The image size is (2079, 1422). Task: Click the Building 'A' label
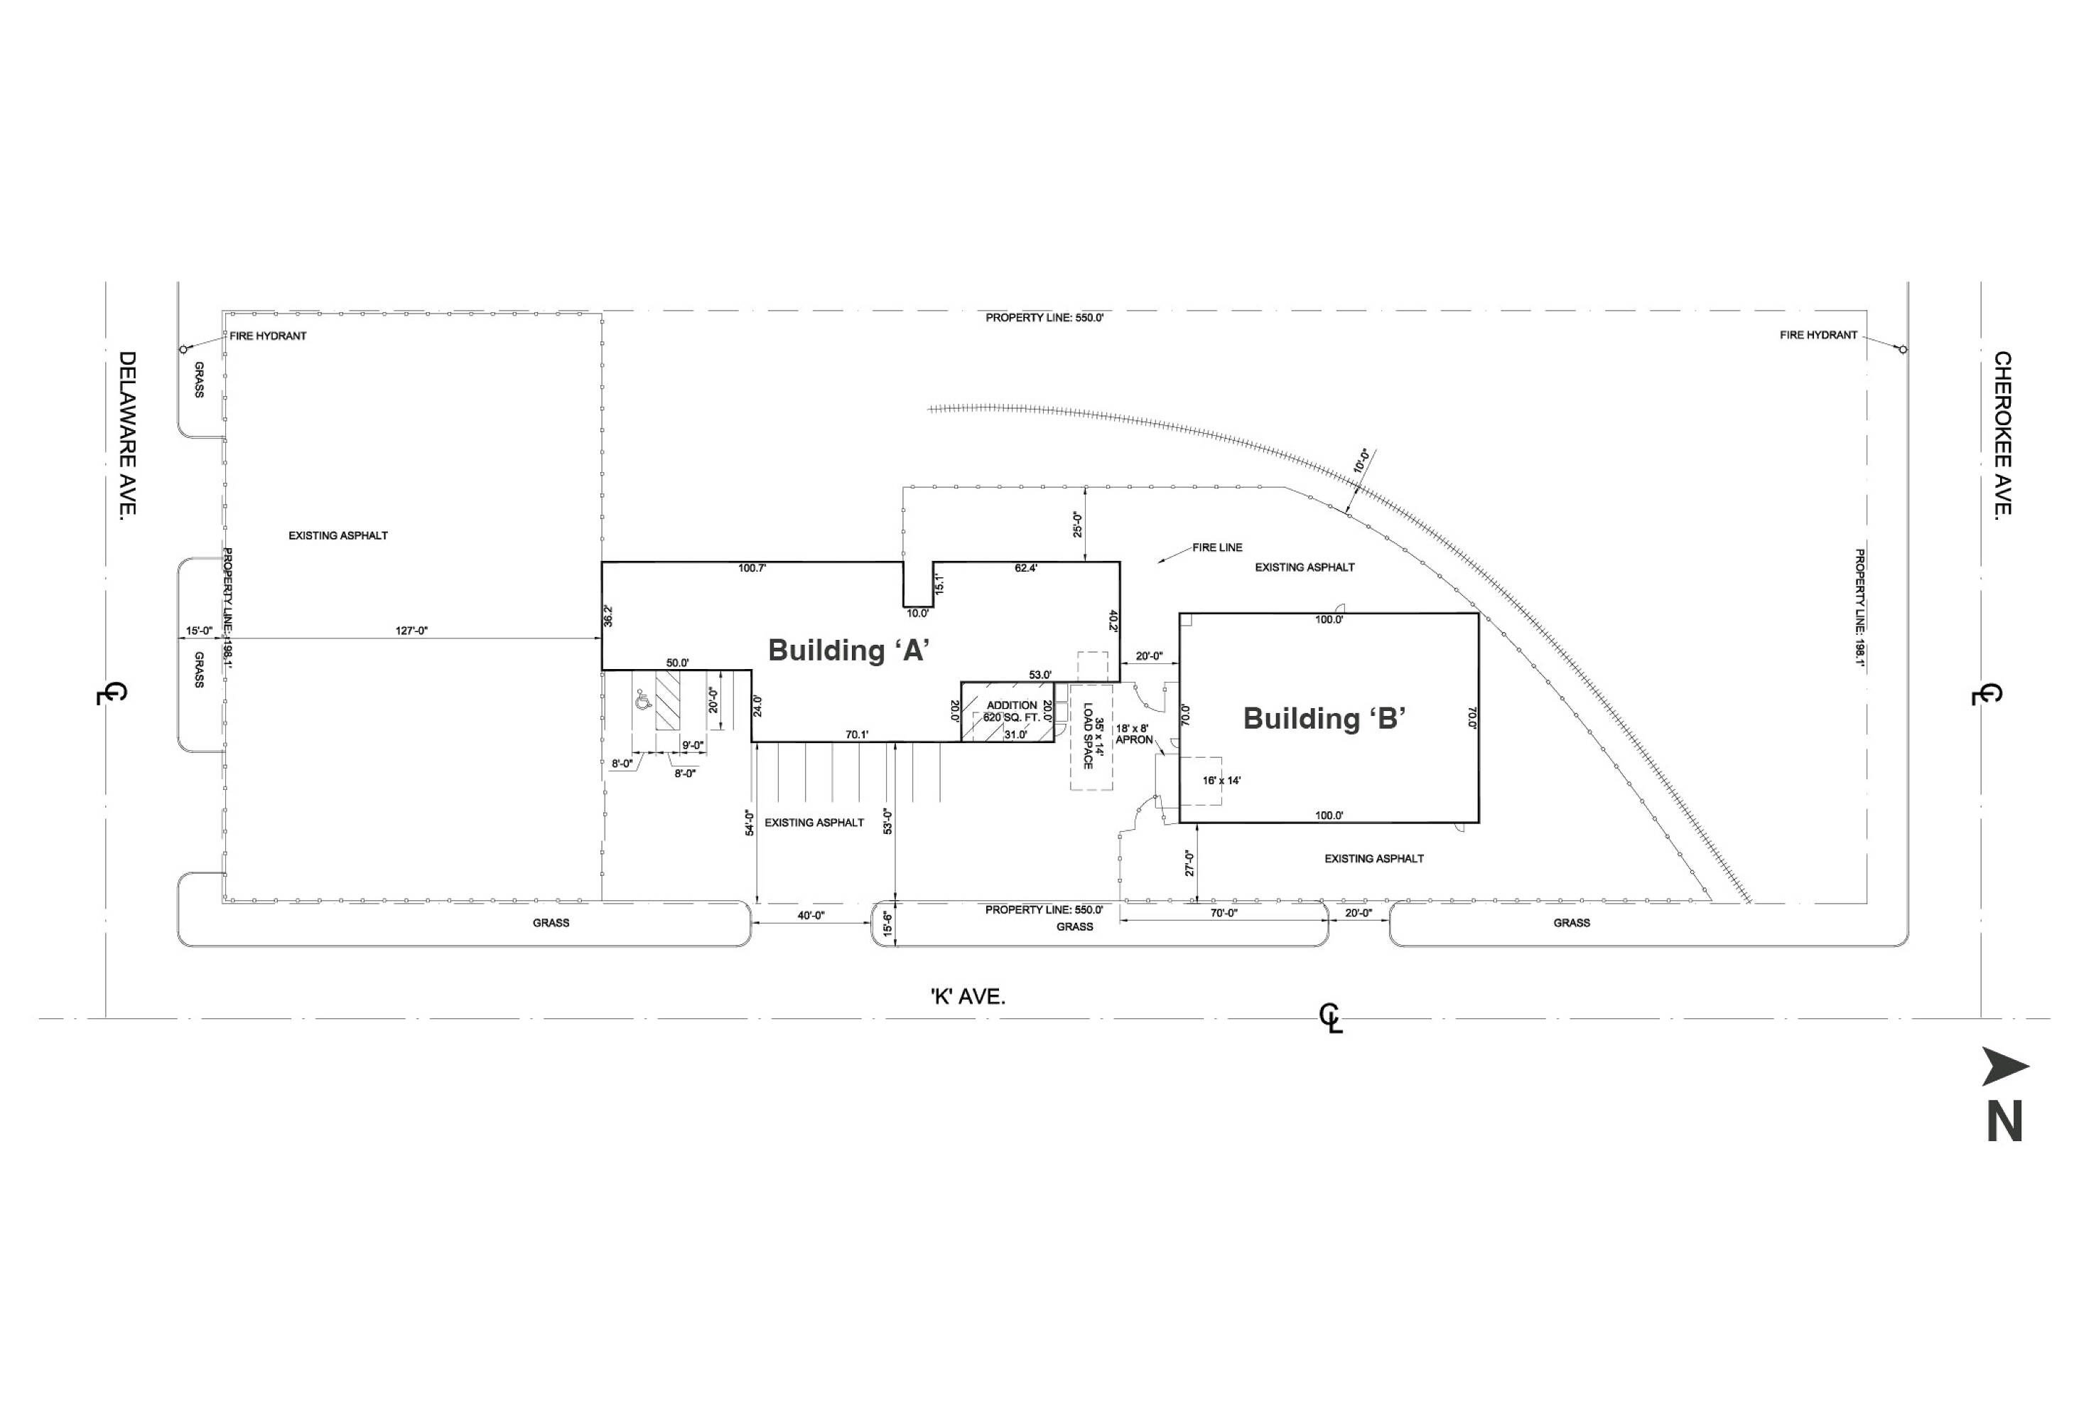pyautogui.click(x=848, y=650)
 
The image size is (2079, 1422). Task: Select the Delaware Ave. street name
pyautogui.click(x=128, y=433)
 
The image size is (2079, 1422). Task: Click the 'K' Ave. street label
pyautogui.click(x=968, y=997)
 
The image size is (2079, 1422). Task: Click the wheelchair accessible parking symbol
pyautogui.click(x=642, y=700)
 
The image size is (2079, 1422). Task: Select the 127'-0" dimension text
pyautogui.click(x=411, y=631)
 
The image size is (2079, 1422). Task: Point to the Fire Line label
pyautogui.click(x=1216, y=547)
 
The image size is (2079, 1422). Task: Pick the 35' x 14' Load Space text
pyautogui.click(x=1094, y=737)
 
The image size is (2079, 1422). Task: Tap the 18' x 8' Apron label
pyautogui.click(x=1133, y=734)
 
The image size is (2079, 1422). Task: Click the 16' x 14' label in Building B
pyautogui.click(x=1221, y=781)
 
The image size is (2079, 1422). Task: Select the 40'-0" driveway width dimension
pyautogui.click(x=811, y=916)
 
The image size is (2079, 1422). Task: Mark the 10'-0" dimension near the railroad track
pyautogui.click(x=1361, y=461)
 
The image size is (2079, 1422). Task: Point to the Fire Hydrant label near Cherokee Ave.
pyautogui.click(x=1818, y=336)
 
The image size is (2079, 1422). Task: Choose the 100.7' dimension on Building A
pyautogui.click(x=752, y=568)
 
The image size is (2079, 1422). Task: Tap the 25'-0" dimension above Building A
pyautogui.click(x=1078, y=525)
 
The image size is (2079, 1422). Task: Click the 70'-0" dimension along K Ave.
pyautogui.click(x=1224, y=913)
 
